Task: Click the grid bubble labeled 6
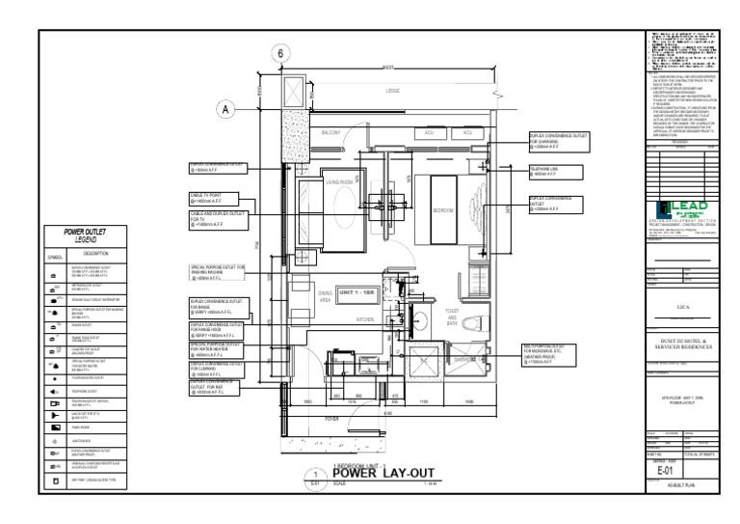tap(282, 55)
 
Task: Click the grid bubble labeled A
tap(225, 109)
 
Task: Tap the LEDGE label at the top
tap(392, 92)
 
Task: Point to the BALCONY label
tap(330, 132)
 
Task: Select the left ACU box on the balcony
tap(430, 132)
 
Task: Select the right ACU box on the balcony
tap(467, 132)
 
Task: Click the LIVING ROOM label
tap(339, 181)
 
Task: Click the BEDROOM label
tap(442, 209)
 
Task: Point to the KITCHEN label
tap(365, 319)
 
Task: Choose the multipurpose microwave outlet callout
tap(553, 353)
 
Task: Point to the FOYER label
tap(331, 419)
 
